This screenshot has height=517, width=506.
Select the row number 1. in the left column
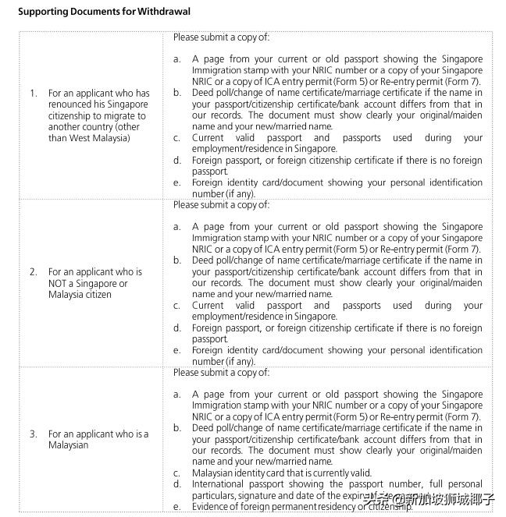(x=34, y=93)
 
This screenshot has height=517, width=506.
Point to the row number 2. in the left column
(x=34, y=272)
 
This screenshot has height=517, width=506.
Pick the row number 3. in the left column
(x=34, y=434)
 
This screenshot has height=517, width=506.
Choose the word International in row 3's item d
(x=219, y=484)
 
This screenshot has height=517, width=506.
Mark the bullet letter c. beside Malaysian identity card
(x=177, y=473)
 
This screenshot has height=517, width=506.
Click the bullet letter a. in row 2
(x=177, y=227)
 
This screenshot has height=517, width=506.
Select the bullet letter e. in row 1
(x=177, y=182)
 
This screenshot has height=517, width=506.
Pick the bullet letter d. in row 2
(x=177, y=328)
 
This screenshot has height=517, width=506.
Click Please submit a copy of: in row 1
(x=222, y=37)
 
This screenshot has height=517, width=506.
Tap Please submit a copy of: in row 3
(x=222, y=373)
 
